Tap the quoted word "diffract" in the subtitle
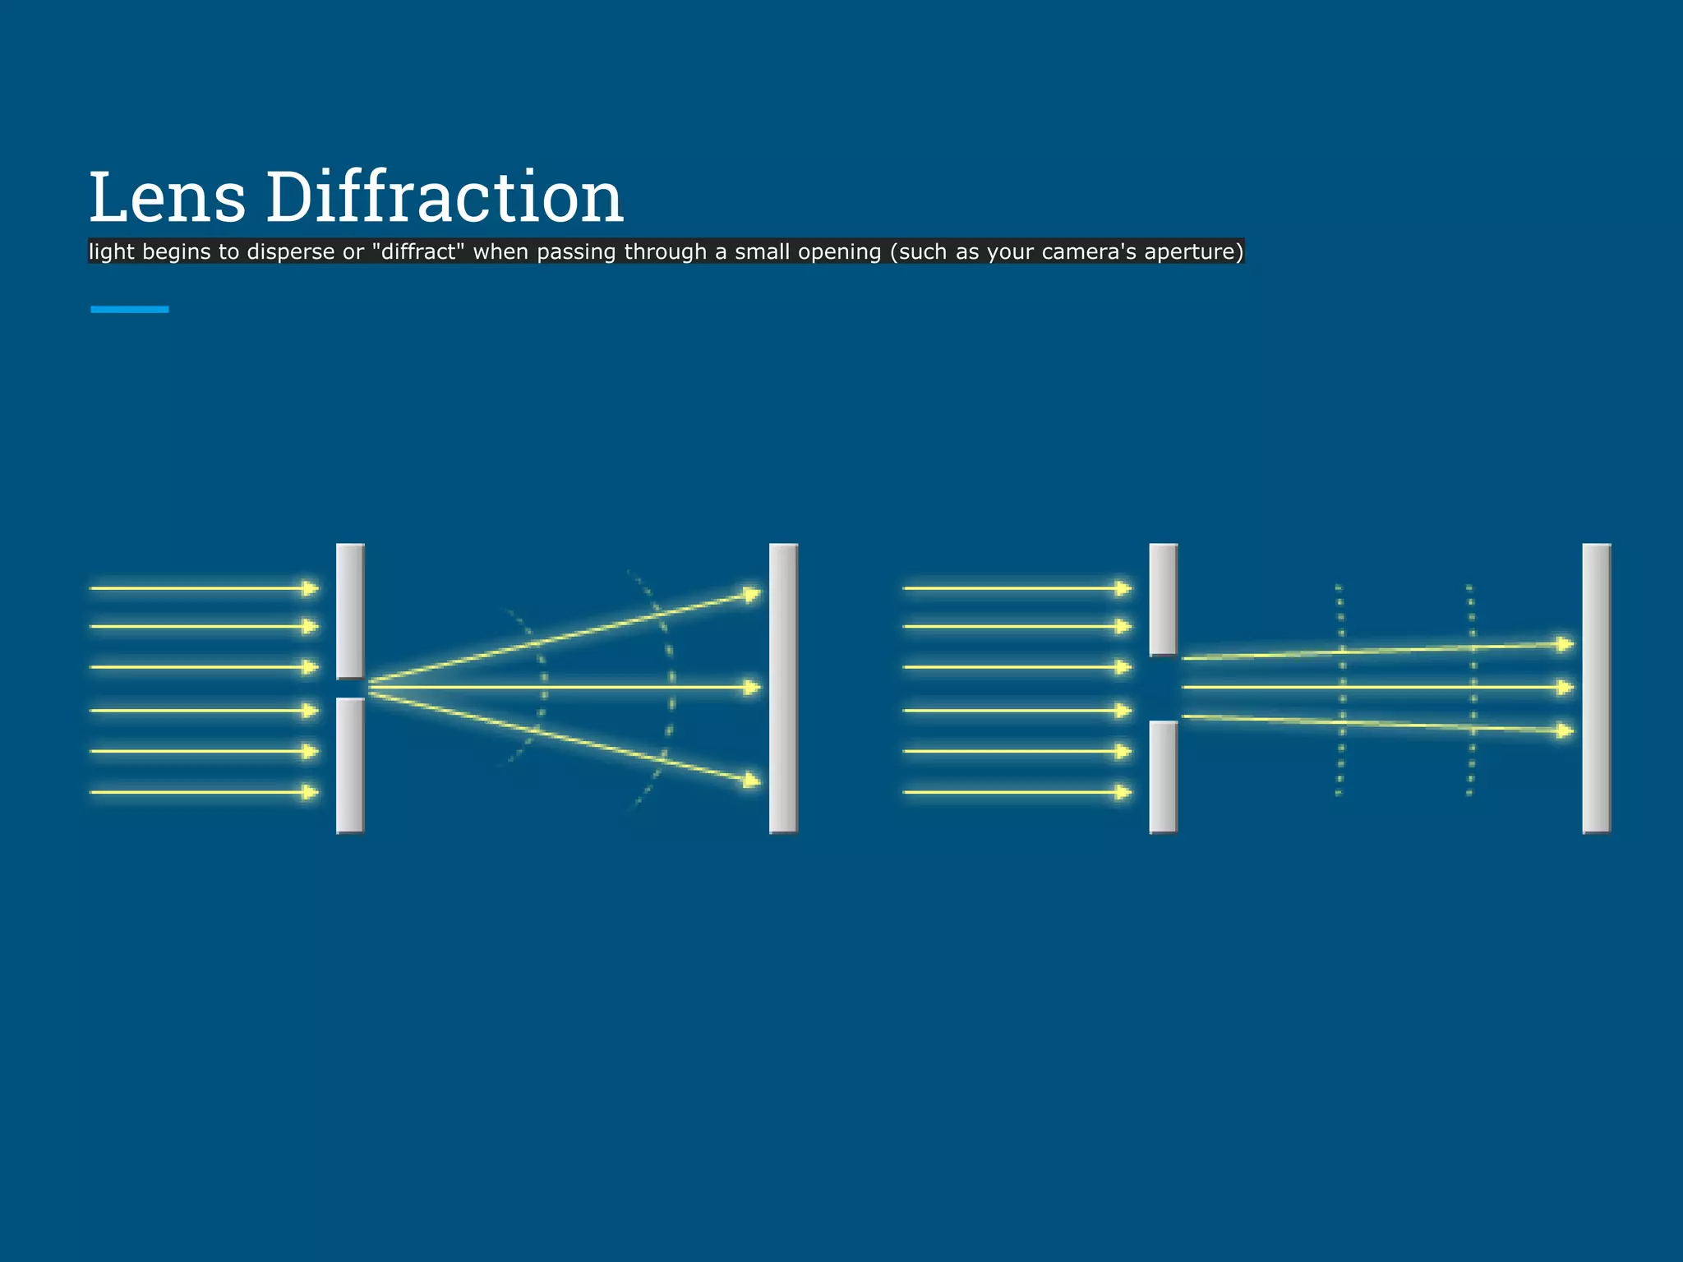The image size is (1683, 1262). (x=417, y=251)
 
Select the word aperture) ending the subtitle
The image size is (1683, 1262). (x=1194, y=251)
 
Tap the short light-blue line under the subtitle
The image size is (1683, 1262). (x=130, y=310)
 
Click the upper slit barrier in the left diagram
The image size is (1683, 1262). (x=350, y=611)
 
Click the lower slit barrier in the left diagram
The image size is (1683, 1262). (x=350, y=765)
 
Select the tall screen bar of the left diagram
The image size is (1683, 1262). (x=783, y=689)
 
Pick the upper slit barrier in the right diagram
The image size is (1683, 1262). (x=1163, y=600)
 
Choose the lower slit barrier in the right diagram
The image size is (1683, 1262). (x=1163, y=776)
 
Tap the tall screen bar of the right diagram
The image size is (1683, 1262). (x=1596, y=689)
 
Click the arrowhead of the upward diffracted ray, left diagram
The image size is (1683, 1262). (x=751, y=593)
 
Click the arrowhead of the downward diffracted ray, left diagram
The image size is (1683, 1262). (x=751, y=781)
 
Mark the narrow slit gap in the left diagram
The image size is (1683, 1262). (x=350, y=689)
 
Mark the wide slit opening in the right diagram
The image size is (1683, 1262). (x=1163, y=689)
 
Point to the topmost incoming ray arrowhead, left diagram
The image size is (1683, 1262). (x=310, y=588)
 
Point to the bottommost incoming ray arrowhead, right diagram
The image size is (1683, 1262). (x=1123, y=792)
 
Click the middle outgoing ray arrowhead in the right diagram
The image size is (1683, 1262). (x=1565, y=687)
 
